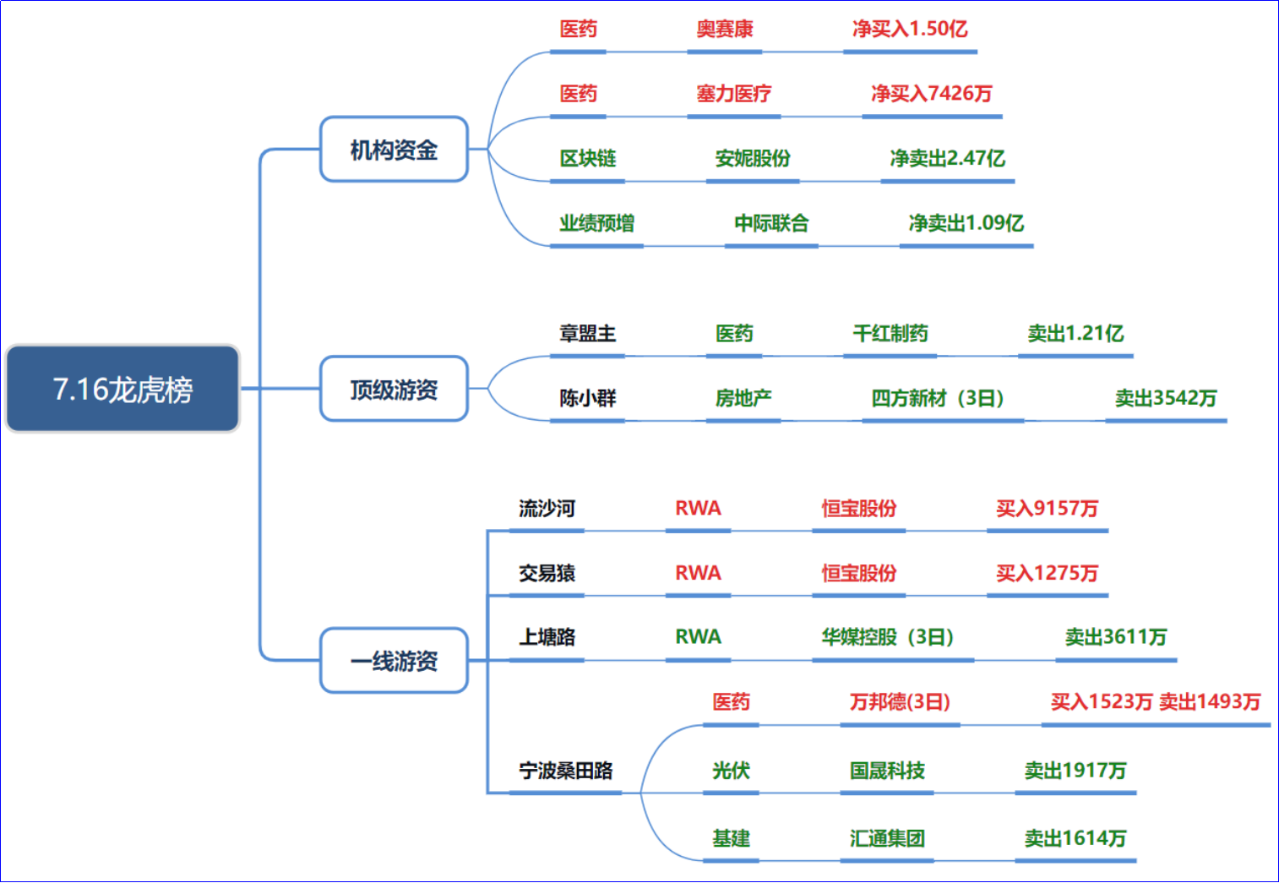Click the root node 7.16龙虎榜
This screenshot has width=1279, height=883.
pos(122,389)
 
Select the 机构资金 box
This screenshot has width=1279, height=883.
pos(394,150)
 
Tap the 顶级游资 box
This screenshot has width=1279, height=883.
pos(394,389)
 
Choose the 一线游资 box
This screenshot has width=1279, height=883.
pos(394,661)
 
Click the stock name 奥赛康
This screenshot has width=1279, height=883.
pos(725,29)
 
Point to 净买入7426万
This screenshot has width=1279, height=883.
pos(932,93)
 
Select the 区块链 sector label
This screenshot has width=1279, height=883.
pos(587,158)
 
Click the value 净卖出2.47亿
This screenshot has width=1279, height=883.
pos(947,158)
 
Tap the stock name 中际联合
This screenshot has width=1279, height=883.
pos(771,223)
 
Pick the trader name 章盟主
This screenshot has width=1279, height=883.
pos(587,333)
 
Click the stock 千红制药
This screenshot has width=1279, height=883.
pos(890,333)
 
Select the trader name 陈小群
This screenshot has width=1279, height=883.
pos(587,398)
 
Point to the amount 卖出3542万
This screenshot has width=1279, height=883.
pos(1166,398)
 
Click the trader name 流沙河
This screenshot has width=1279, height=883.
pos(547,508)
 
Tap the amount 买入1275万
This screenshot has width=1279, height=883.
pos(1048,572)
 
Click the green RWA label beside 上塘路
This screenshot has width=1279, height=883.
pos(698,637)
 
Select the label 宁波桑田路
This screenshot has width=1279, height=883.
pos(565,771)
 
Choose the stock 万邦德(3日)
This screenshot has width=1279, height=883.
pos(900,702)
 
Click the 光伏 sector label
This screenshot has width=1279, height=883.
pos(731,771)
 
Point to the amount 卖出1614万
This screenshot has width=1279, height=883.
pos(1075,838)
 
